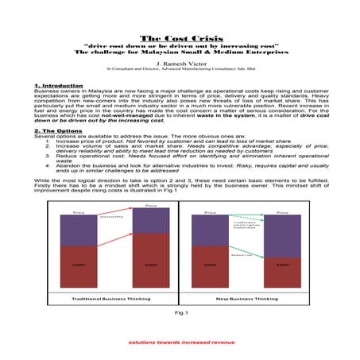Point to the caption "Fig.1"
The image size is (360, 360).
coord(180,312)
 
